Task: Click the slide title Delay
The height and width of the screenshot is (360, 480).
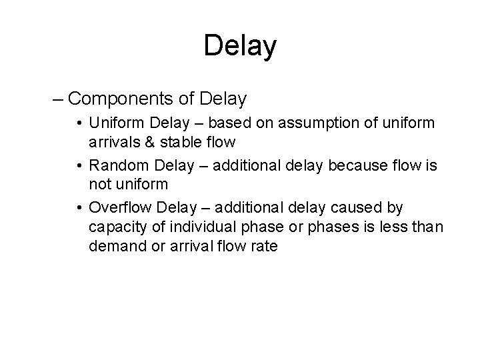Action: pos(240,46)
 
